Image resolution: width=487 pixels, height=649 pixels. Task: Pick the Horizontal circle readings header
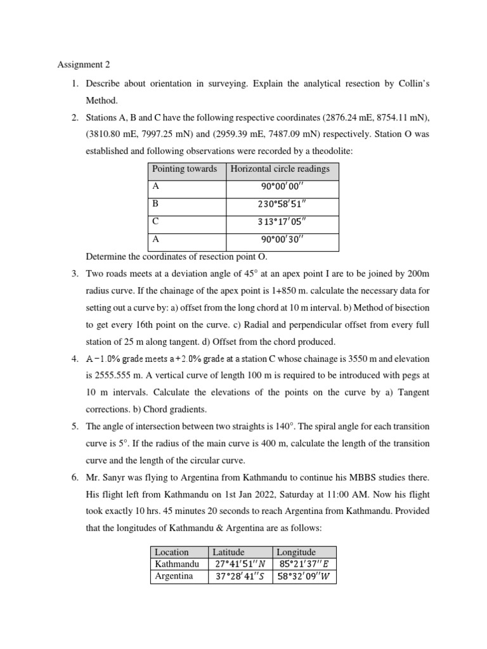pyautogui.click(x=280, y=169)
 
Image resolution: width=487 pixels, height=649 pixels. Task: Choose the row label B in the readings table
pyautogui.click(x=155, y=204)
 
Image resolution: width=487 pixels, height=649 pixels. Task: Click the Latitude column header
pyautogui.click(x=228, y=552)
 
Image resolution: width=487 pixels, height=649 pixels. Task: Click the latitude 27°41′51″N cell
pyautogui.click(x=240, y=564)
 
